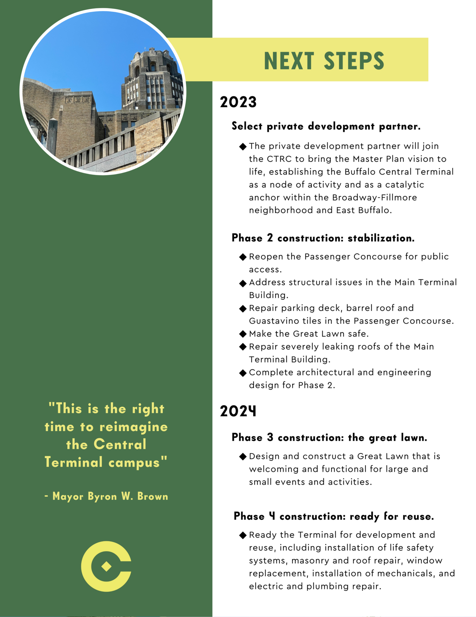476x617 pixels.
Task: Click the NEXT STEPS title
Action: click(x=324, y=61)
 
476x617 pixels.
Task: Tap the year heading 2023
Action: click(x=238, y=102)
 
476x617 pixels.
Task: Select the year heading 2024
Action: click(x=238, y=411)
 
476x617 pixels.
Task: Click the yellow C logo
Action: click(x=106, y=567)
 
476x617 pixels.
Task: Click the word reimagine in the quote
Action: click(x=134, y=427)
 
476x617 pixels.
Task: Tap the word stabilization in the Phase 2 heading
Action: click(x=381, y=238)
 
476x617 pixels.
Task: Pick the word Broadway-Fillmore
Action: click(x=375, y=198)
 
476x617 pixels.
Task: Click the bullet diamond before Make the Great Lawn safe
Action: click(x=243, y=334)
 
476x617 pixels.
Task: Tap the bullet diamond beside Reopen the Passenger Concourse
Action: click(x=243, y=257)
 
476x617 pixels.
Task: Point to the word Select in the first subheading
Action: click(x=247, y=126)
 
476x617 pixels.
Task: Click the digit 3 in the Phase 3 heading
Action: click(x=270, y=437)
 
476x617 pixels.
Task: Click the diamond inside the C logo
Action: click(x=106, y=567)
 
